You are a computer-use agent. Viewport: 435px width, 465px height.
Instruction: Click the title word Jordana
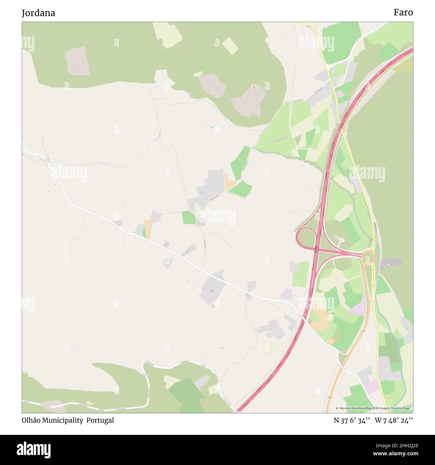point(38,13)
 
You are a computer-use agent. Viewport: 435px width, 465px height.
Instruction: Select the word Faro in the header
point(403,12)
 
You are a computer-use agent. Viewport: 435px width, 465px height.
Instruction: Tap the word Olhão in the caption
point(31,420)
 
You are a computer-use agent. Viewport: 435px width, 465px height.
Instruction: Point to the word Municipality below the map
point(63,420)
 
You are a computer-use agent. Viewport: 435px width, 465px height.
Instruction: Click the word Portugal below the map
point(100,420)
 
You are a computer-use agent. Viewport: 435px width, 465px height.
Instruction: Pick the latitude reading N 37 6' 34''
point(351,421)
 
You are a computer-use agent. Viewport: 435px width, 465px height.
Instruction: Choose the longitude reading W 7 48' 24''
point(394,421)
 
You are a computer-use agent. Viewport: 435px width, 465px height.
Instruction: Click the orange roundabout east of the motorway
point(368,258)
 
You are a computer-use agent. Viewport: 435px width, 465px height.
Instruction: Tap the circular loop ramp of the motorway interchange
point(306,238)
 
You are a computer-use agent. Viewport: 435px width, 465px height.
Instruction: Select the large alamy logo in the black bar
point(34,450)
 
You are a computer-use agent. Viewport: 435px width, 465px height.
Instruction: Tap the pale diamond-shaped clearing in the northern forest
point(230,46)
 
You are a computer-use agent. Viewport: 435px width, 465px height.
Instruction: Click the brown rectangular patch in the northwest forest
point(78,61)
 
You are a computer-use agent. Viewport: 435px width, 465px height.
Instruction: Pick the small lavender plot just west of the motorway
point(286,294)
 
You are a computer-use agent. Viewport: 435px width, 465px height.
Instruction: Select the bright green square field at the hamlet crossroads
point(189,218)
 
